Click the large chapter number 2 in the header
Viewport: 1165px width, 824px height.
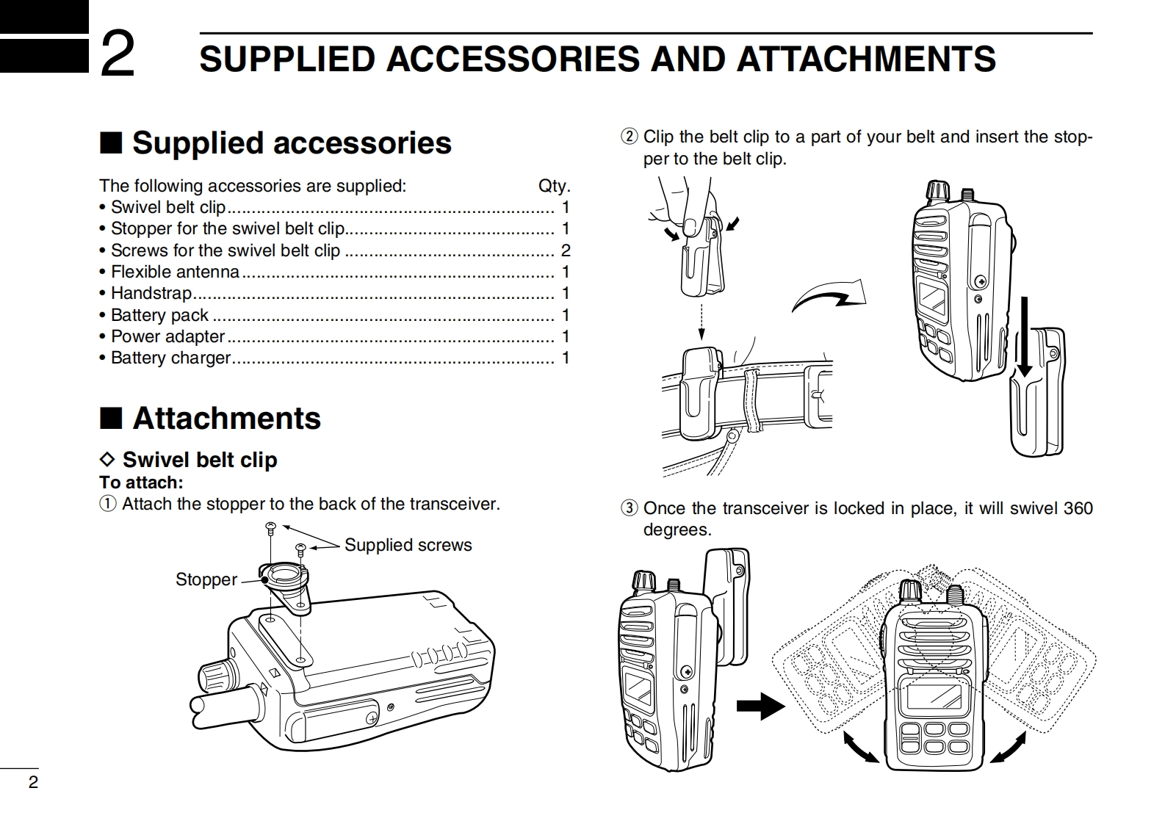117,54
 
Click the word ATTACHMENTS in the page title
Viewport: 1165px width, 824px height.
866,59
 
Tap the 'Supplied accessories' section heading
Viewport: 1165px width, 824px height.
292,143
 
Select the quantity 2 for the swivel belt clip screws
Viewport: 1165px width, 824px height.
565,250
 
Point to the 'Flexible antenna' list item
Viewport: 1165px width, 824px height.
175,272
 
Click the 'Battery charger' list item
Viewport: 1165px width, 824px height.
170,358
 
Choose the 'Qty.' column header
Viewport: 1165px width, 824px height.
554,186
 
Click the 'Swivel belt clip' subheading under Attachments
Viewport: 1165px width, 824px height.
199,460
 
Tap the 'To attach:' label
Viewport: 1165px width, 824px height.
141,483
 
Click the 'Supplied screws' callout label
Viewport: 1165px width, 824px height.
408,545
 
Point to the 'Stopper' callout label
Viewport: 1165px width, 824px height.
206,579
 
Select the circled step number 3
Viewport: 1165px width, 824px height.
629,508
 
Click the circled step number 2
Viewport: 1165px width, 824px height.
629,137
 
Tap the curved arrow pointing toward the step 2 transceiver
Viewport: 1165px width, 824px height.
829,298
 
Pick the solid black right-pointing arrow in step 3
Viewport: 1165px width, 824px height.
760,706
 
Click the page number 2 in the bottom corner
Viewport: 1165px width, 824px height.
32,782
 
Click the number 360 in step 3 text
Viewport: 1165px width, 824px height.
1078,508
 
